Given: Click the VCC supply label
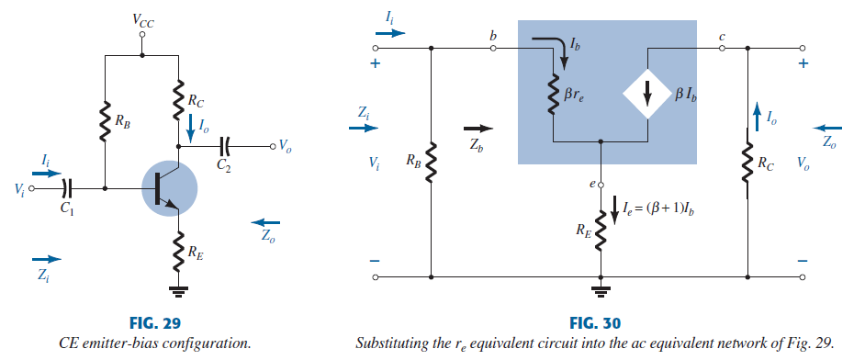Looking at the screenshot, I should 142,17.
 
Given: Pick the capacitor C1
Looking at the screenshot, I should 64,188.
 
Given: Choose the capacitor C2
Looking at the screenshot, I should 224,145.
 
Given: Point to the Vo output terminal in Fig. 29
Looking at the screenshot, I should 273,145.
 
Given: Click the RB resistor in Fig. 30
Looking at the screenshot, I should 432,163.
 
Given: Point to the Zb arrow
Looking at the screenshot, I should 479,129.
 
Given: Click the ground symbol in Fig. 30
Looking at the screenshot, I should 601,292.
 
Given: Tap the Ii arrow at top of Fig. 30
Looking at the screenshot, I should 389,31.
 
